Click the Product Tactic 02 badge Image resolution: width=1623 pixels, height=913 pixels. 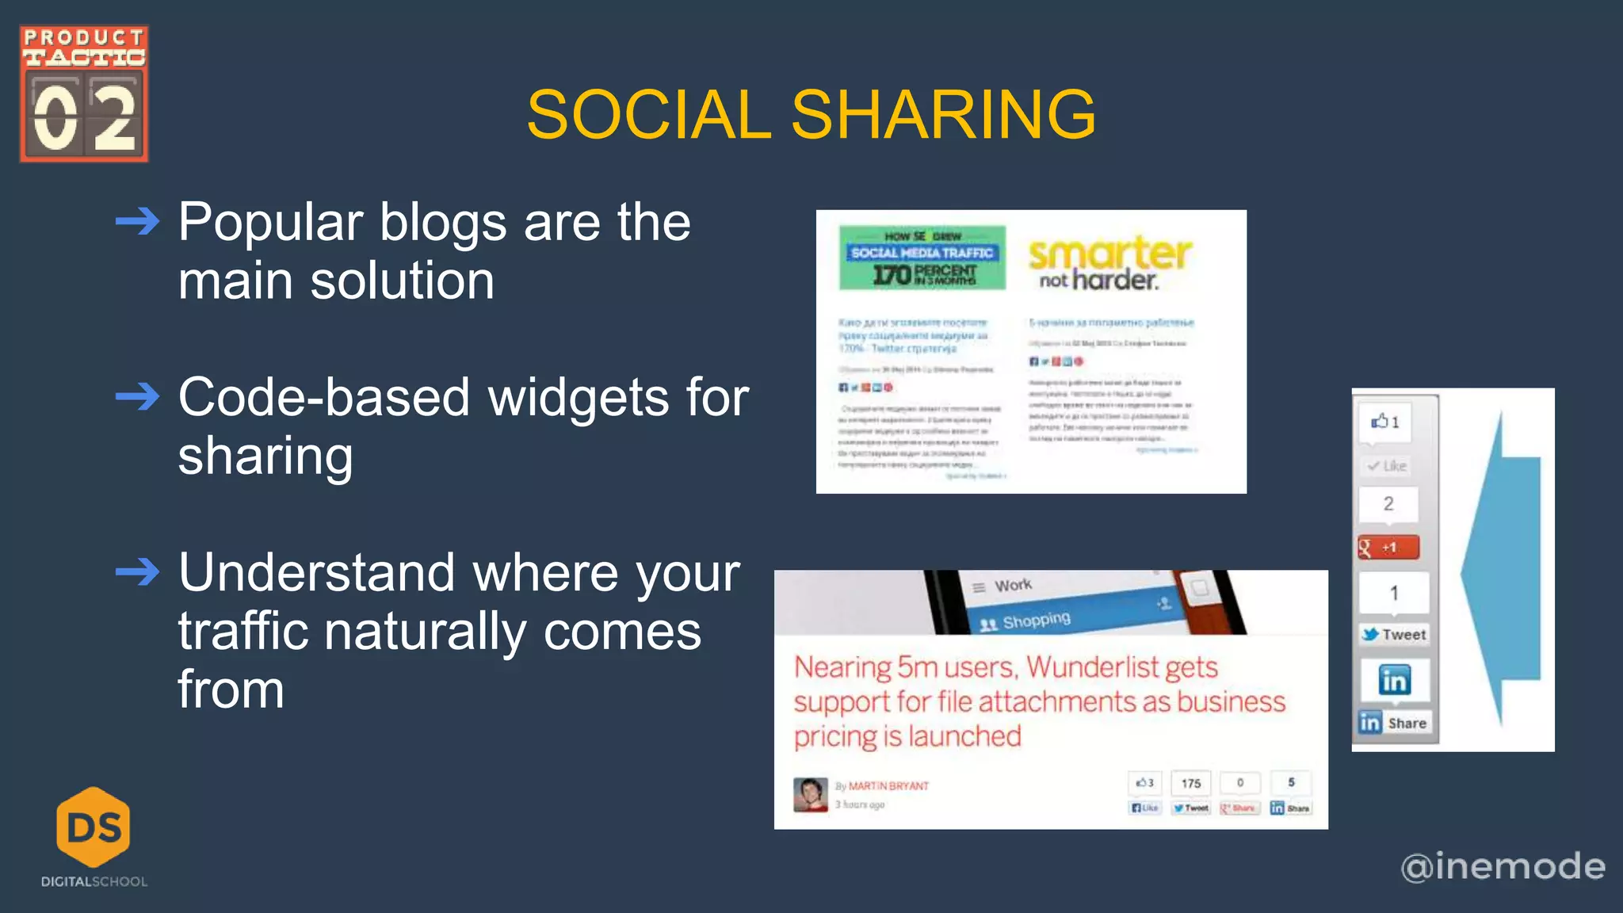[x=84, y=94]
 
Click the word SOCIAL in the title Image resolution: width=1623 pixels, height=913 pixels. [x=648, y=115]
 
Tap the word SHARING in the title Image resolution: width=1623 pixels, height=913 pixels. [x=943, y=115]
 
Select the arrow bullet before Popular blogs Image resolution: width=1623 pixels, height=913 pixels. [x=137, y=221]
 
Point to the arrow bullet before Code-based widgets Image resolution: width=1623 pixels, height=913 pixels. [x=137, y=396]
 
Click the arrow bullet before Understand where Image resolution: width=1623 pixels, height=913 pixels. [x=137, y=571]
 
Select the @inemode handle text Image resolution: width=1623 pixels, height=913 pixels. [x=1503, y=866]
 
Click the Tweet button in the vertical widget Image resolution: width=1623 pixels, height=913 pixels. [x=1395, y=634]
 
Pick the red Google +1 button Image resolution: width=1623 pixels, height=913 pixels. [x=1388, y=548]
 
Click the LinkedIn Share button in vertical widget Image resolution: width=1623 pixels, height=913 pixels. [x=1395, y=723]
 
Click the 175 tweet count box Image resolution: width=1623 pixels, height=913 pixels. [x=1191, y=783]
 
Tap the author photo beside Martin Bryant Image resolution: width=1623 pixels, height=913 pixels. [x=810, y=794]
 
